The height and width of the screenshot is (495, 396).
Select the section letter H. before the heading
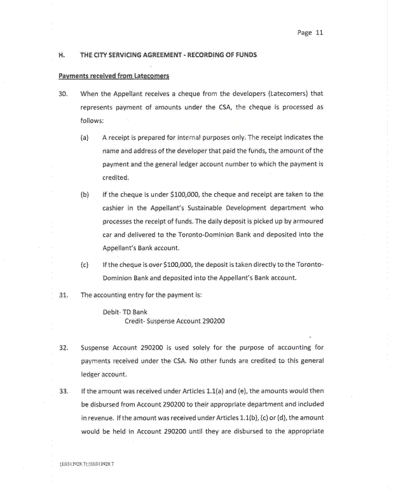(62, 55)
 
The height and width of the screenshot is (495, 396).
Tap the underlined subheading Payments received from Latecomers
(114, 76)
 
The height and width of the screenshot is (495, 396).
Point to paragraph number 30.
(63, 94)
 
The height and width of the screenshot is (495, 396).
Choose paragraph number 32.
(63, 348)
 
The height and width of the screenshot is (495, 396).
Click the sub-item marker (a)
(85, 137)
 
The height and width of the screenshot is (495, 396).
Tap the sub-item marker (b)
(85, 194)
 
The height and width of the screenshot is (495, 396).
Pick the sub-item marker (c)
(85, 264)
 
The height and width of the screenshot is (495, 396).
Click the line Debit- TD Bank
(125, 312)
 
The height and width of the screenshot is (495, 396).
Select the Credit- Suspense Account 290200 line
(175, 321)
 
